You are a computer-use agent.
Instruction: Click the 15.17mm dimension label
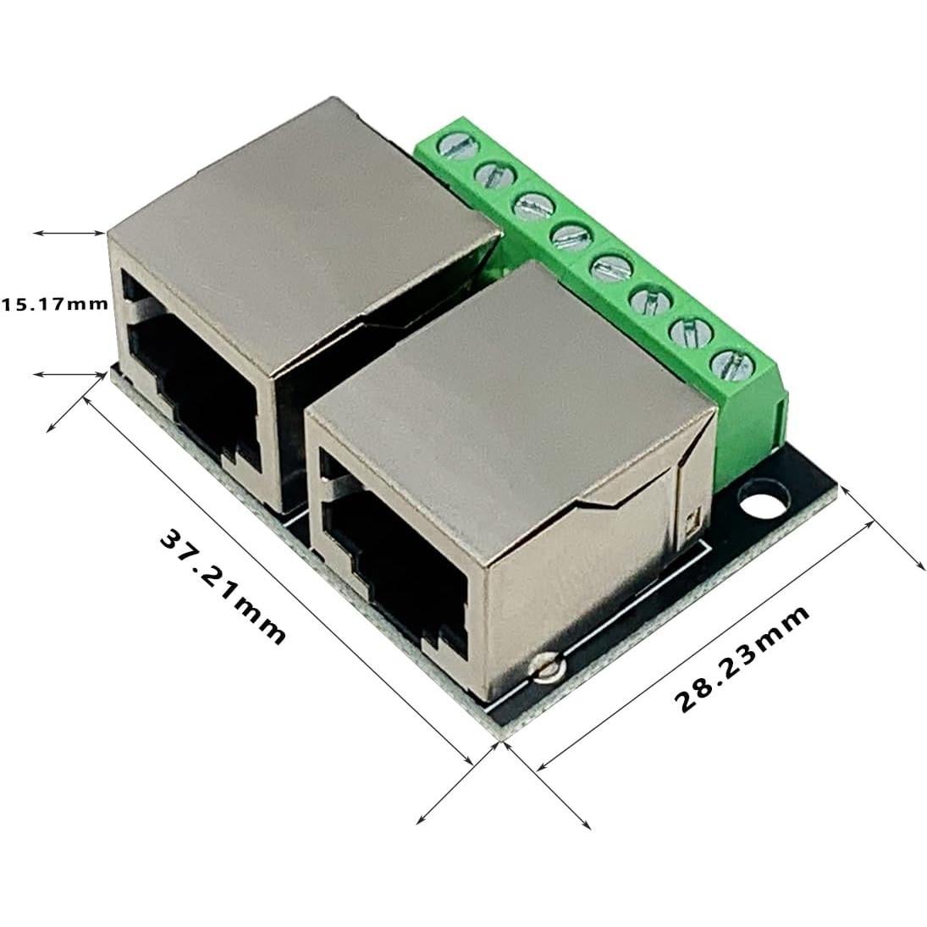[55, 303]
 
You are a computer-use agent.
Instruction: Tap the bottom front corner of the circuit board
[501, 739]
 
